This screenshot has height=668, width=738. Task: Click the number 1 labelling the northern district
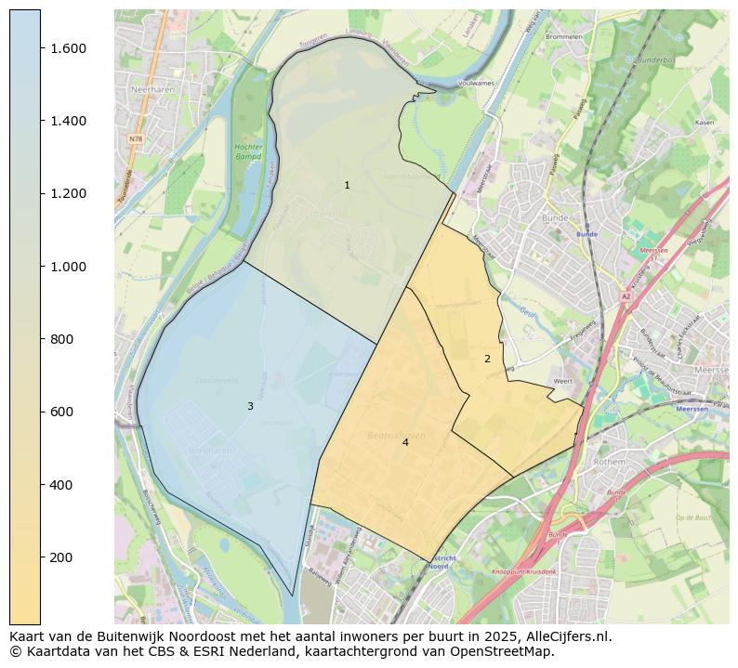pos(348,186)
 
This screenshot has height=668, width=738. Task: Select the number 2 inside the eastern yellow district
pos(487,359)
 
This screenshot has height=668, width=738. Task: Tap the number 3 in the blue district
pos(250,407)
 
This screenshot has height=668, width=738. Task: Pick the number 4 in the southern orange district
pos(405,442)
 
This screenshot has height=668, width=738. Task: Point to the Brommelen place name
pos(564,37)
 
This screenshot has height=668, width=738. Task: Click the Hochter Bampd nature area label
pos(248,152)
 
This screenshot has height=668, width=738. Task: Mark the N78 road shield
pos(136,139)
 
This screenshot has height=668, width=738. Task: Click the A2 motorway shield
pos(626,297)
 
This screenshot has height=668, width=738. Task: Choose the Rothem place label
pos(609,460)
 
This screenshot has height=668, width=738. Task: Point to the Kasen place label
pos(704,123)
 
